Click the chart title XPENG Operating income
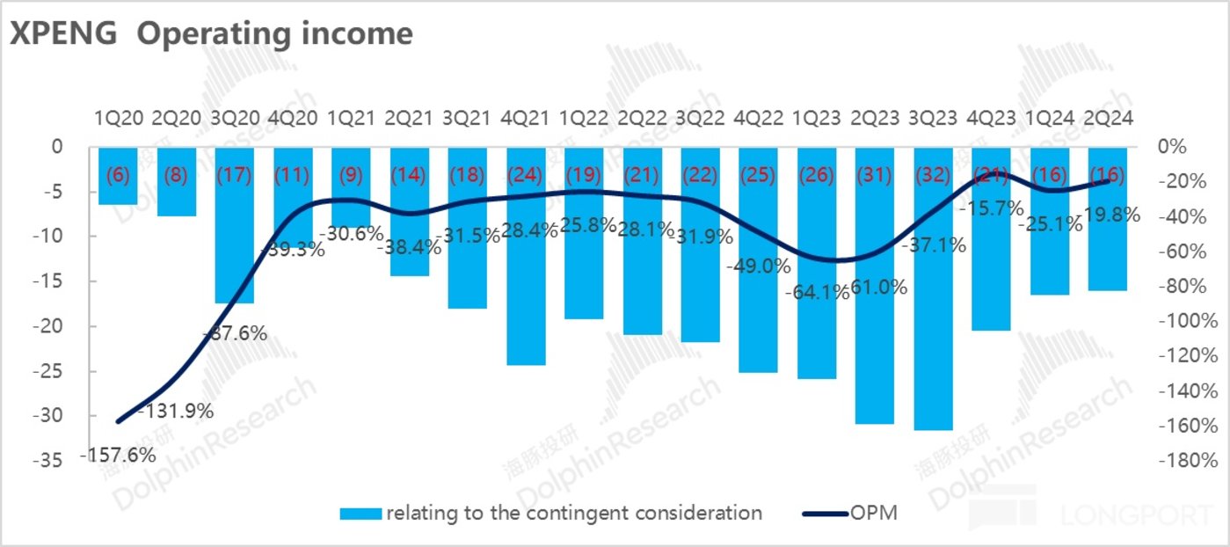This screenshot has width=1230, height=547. click(211, 33)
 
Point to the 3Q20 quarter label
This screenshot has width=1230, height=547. click(235, 117)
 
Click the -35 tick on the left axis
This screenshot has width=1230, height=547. click(51, 461)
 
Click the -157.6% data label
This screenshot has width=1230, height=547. click(118, 456)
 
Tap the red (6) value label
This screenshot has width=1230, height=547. click(118, 174)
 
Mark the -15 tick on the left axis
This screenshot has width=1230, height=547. click(51, 281)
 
